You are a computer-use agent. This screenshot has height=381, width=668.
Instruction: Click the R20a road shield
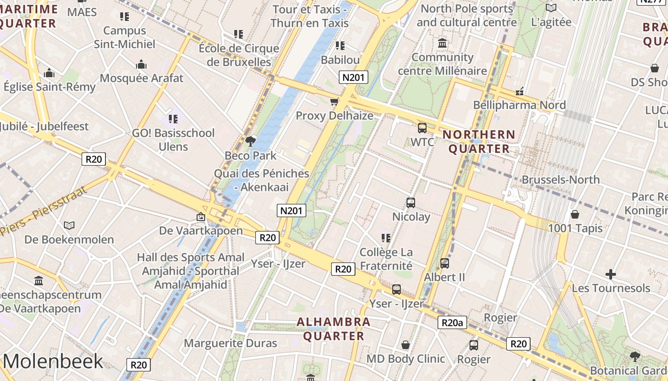click(452, 323)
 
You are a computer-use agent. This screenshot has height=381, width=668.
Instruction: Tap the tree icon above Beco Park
click(250, 141)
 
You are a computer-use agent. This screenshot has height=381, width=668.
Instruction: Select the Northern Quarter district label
click(479, 141)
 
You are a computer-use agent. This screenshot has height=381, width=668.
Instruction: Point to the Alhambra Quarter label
click(334, 329)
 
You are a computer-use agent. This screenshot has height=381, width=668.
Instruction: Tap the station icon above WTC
click(422, 128)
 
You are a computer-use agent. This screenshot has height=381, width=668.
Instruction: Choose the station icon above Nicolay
click(411, 202)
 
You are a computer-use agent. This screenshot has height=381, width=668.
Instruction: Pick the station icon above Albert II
click(444, 263)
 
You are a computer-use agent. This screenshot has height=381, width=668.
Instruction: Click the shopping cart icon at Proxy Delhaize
click(334, 101)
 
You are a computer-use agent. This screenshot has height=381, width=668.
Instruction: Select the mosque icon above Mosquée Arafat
click(141, 64)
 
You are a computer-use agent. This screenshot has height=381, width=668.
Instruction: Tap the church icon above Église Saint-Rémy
click(49, 73)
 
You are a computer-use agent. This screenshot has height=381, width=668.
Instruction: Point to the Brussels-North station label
click(561, 180)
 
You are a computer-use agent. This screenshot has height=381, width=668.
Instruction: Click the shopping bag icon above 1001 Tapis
click(575, 214)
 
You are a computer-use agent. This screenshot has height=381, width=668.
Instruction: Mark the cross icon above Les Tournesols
click(610, 274)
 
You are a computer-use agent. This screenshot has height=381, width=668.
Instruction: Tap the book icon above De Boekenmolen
click(69, 225)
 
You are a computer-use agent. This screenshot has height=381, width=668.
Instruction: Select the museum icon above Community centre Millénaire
click(442, 43)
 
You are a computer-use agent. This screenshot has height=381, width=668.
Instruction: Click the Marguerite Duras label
click(230, 343)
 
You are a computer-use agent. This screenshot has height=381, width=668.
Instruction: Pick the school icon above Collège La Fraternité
click(386, 238)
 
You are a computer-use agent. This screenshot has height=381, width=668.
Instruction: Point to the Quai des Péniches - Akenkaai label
click(261, 180)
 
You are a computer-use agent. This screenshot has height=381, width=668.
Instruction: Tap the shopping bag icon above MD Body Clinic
click(406, 344)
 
